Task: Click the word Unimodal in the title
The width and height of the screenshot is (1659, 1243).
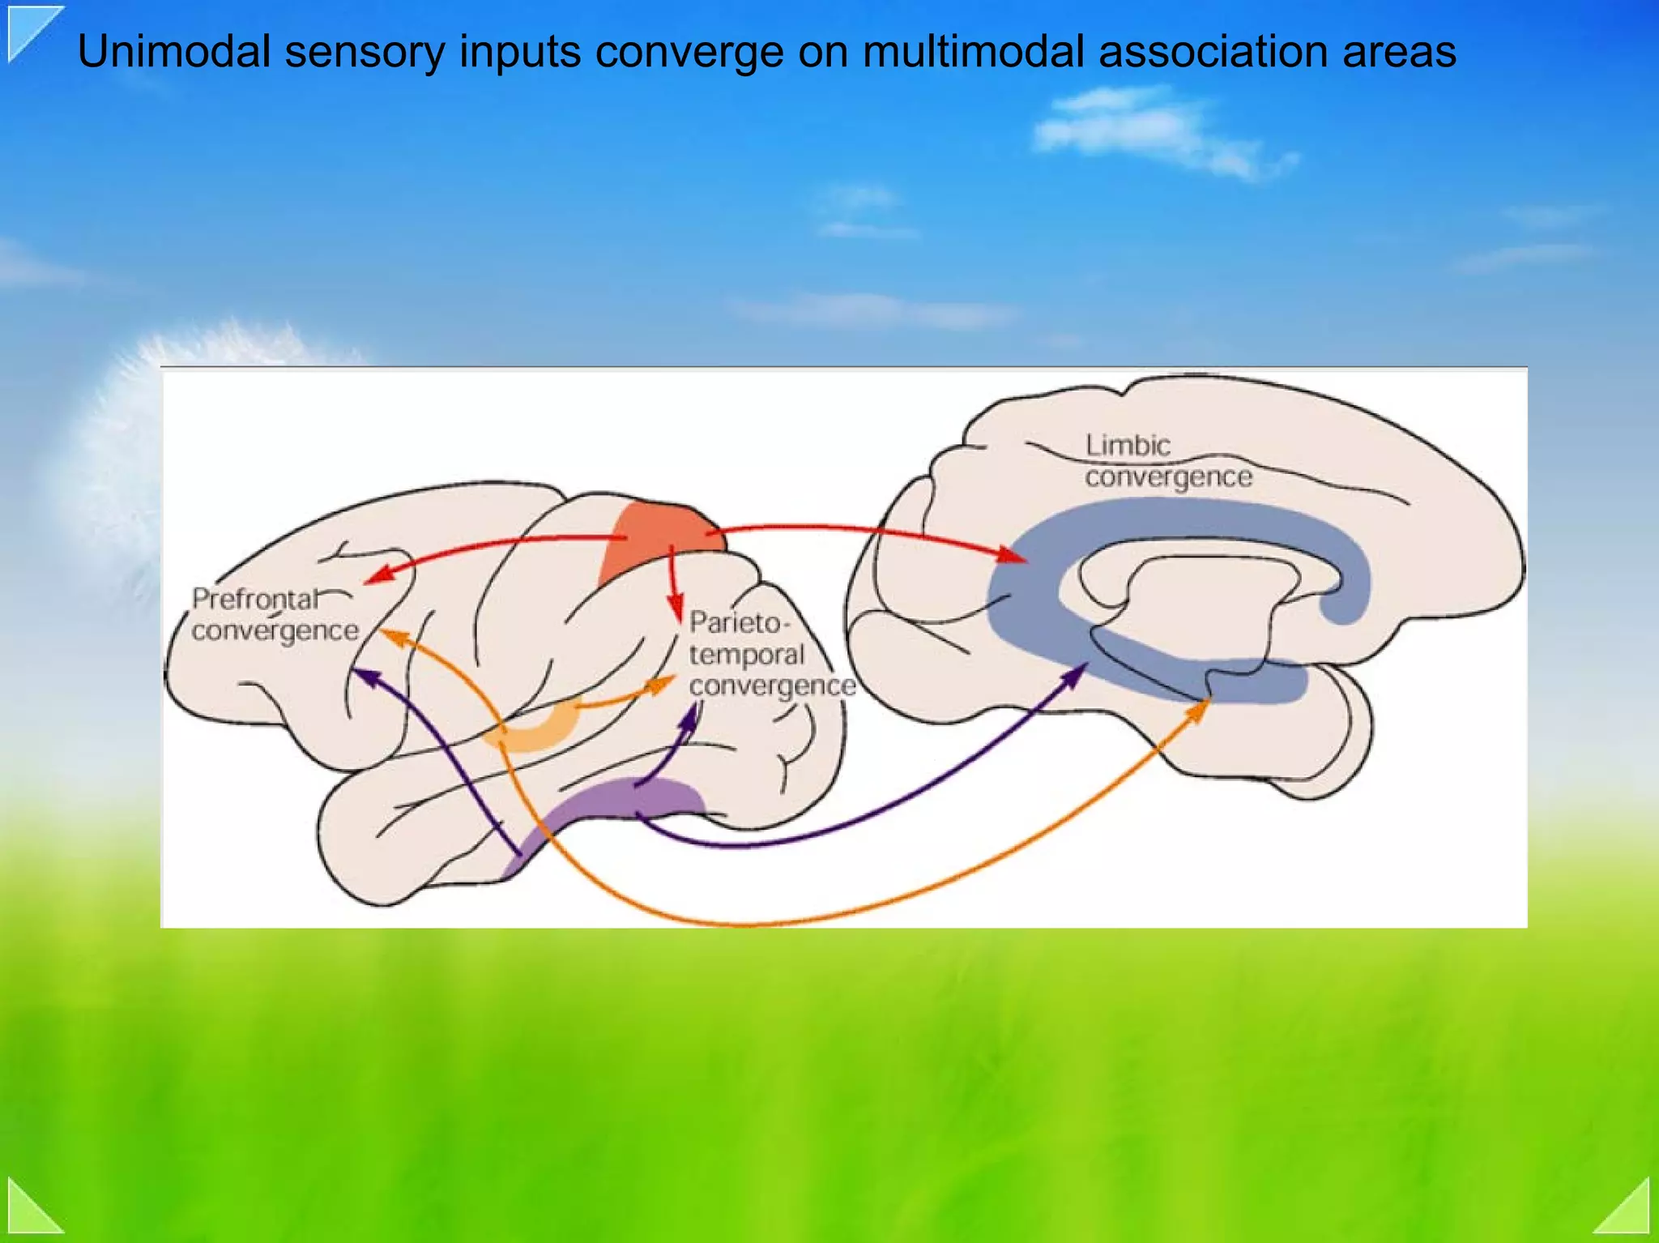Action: tap(173, 52)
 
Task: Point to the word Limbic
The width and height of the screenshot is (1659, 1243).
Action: tap(1128, 446)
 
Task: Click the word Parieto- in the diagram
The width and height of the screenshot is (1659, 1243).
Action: tap(736, 623)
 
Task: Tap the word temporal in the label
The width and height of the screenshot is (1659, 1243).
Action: tap(746, 655)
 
